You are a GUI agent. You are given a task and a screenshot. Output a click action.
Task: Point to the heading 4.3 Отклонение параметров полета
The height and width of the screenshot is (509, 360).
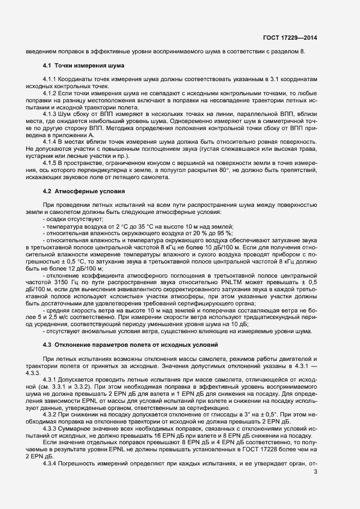click(130, 345)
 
